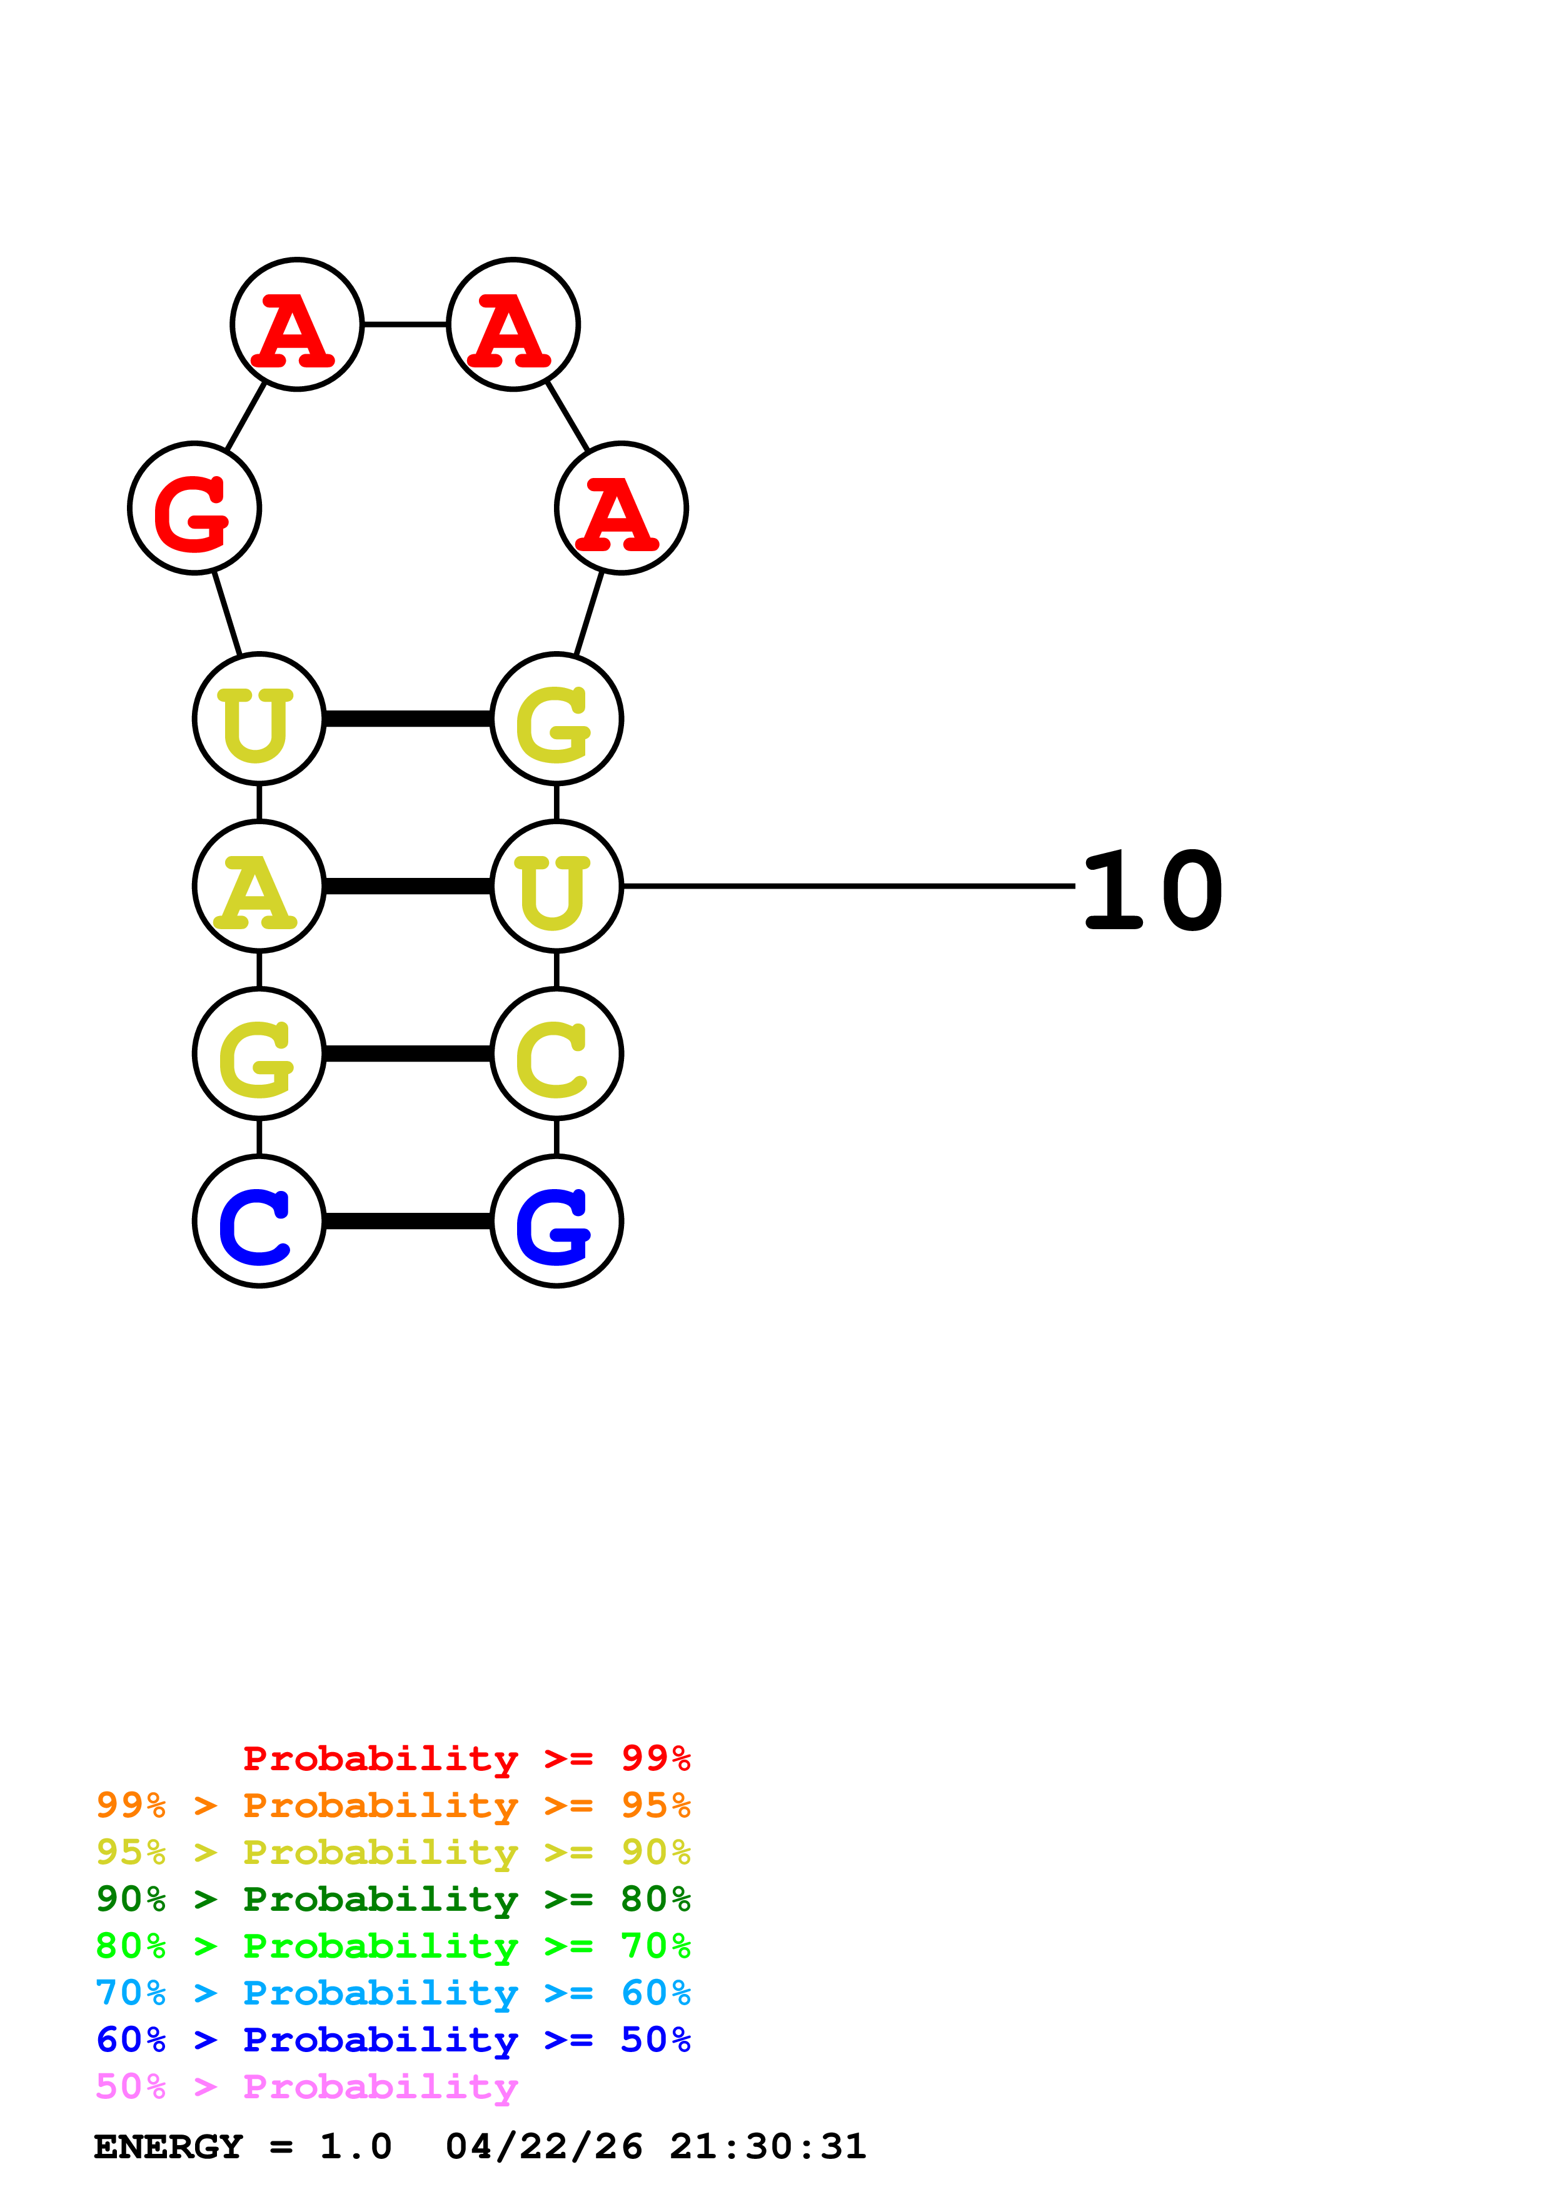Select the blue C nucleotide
(x=259, y=1221)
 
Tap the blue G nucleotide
(x=556, y=1221)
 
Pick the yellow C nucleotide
(x=556, y=1054)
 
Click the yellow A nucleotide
(x=259, y=886)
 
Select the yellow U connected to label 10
(x=556, y=886)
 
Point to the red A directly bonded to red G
(x=297, y=324)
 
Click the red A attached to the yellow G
(x=622, y=508)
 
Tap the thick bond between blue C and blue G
(x=408, y=1221)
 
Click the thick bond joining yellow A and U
(x=408, y=886)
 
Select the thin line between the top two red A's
(x=405, y=324)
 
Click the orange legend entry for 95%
(x=393, y=1805)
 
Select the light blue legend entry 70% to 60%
(x=393, y=1993)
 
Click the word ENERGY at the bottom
(x=168, y=2146)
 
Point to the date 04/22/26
(x=543, y=2146)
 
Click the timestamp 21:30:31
(x=768, y=2146)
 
